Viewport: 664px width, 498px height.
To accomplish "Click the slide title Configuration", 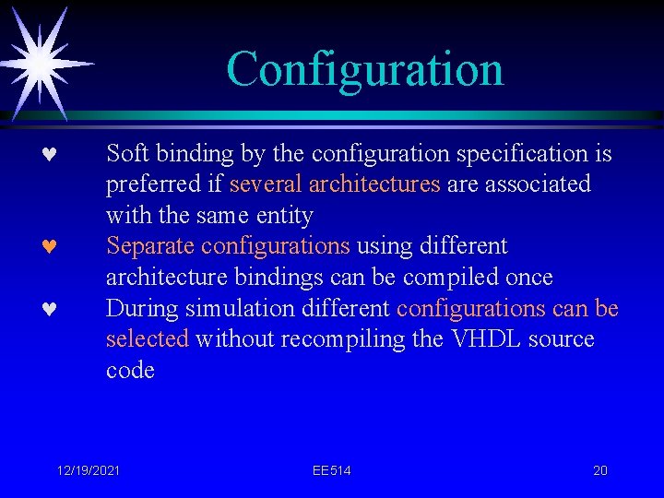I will (364, 69).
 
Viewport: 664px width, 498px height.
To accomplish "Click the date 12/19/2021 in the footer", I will (88, 470).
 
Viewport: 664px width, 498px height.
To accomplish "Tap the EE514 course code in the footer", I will (331, 470).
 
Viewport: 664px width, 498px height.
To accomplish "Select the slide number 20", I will (599, 470).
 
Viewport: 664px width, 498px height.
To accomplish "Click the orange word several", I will (267, 184).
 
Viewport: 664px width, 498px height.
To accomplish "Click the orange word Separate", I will (150, 246).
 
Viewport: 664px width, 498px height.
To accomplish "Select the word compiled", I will (450, 278).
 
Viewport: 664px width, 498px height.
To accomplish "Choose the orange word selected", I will (147, 339).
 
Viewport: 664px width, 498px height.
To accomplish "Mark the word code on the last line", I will (130, 371).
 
